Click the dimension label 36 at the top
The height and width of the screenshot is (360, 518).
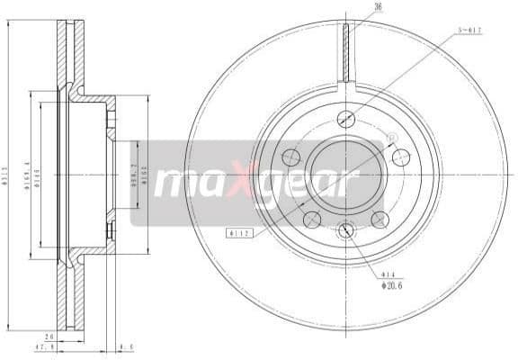click(x=352, y=7)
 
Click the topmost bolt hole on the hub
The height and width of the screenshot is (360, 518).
click(x=346, y=119)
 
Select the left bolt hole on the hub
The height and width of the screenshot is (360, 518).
click(x=290, y=157)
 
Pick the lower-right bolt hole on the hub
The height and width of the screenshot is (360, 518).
click(x=380, y=219)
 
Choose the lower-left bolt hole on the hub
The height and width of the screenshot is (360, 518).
click(x=312, y=219)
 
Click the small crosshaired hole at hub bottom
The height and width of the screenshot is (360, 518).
click(x=346, y=231)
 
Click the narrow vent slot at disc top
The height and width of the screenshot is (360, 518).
click(x=346, y=52)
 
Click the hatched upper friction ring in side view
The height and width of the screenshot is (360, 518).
click(x=64, y=54)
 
